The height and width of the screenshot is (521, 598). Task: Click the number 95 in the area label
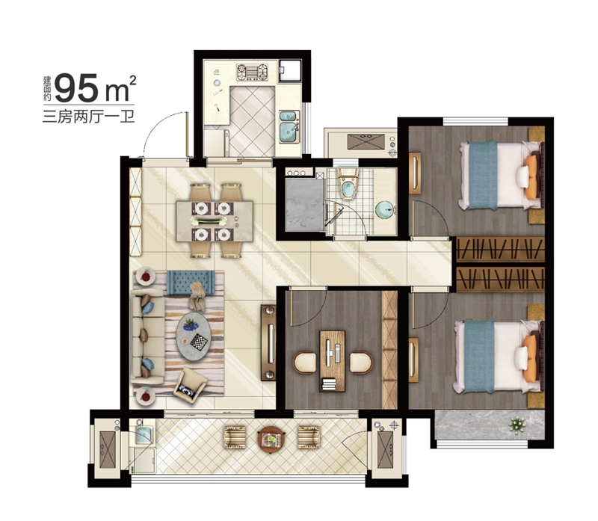(77, 88)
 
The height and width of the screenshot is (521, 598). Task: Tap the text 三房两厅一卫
(88, 116)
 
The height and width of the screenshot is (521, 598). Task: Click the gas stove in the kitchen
(252, 72)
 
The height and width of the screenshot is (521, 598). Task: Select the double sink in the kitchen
(289, 126)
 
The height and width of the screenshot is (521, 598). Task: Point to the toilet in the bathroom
(348, 185)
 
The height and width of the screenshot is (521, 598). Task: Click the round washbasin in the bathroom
(385, 210)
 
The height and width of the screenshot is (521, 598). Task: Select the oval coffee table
(194, 337)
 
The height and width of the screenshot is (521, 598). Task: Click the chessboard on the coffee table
(199, 342)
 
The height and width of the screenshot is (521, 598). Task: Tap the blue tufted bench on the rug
(191, 283)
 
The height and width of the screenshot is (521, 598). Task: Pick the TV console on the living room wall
(268, 342)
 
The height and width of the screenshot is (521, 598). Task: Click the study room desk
(332, 361)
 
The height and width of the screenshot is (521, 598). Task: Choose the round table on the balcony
(271, 440)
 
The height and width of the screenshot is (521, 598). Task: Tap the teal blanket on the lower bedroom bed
(479, 356)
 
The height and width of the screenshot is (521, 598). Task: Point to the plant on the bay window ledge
(517, 425)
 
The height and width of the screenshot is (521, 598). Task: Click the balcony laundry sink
(144, 433)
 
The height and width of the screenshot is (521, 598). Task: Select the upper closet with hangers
(500, 249)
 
